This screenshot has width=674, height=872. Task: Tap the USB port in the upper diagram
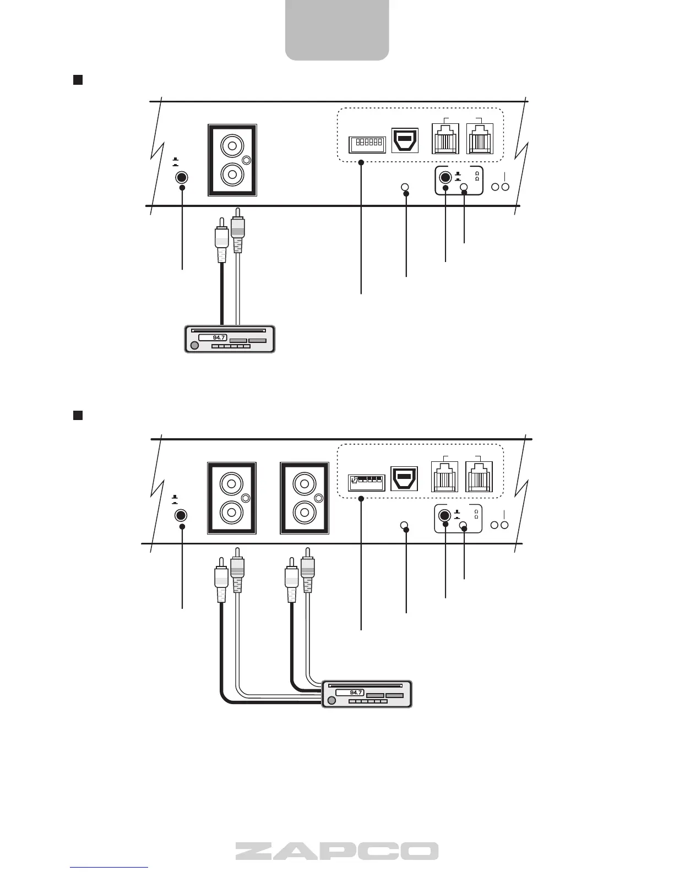[405, 140]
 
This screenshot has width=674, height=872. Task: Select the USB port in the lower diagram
[405, 478]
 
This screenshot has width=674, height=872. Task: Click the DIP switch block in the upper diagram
[367, 144]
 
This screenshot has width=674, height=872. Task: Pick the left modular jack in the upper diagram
[445, 139]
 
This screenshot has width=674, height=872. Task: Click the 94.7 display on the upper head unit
[213, 337]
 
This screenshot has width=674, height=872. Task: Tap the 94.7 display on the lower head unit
[350, 692]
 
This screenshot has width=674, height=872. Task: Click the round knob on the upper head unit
[194, 346]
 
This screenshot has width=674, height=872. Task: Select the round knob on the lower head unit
[331, 701]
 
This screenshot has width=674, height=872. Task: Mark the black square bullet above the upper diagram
[78, 80]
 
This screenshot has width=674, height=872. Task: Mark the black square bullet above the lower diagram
[78, 415]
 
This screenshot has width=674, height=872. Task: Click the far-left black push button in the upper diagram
[181, 178]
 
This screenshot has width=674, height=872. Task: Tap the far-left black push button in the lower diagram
[181, 516]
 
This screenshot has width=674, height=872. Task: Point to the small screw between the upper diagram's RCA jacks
[247, 160]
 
